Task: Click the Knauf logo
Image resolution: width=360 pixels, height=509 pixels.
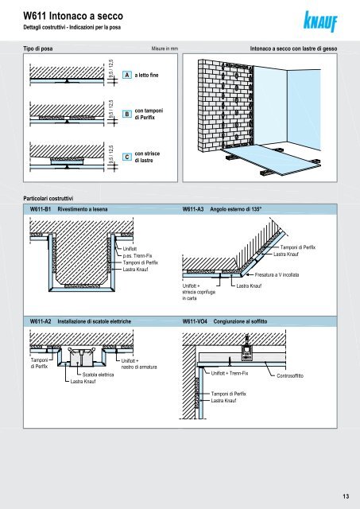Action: pos(320,21)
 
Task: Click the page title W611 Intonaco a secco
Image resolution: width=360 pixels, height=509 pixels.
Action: pos(73,16)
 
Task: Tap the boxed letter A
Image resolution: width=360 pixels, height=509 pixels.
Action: pos(127,75)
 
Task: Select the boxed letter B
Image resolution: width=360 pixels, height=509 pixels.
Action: pos(127,114)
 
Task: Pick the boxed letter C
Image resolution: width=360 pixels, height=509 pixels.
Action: pos(127,157)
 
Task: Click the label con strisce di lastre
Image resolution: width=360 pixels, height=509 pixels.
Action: pos(147,157)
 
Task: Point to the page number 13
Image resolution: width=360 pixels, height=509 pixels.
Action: pos(346,496)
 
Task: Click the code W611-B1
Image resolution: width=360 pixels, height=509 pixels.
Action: pos(41,209)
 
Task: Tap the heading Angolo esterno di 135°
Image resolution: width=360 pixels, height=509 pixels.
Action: pos(236,209)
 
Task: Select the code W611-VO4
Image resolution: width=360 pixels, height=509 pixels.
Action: pos(195,321)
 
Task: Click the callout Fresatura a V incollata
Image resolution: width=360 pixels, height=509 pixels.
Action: pos(277,275)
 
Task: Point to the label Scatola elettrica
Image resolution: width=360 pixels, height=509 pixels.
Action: pos(98,375)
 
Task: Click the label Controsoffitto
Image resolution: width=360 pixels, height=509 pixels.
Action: pos(290,376)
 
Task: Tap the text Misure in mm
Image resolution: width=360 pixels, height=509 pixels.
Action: pos(165,49)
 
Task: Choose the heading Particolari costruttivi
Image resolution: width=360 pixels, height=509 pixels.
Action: pos(48,198)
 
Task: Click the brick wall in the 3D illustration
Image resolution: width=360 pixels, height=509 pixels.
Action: pos(225,106)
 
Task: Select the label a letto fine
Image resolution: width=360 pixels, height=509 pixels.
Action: pos(146,75)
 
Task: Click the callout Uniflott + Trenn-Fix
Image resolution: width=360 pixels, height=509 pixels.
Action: pos(230,373)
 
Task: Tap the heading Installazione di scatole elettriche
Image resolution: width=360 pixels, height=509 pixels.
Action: pos(95,321)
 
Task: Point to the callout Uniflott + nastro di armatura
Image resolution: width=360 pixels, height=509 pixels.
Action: pos(139,364)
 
